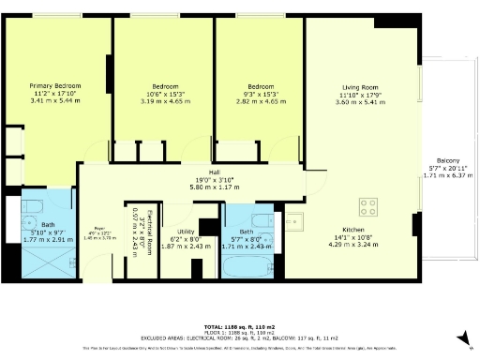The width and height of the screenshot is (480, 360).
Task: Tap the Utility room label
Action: click(x=185, y=232)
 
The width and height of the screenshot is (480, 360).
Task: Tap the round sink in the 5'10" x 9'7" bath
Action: click(x=31, y=223)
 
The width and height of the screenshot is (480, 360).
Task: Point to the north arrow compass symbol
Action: click(x=460, y=337)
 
